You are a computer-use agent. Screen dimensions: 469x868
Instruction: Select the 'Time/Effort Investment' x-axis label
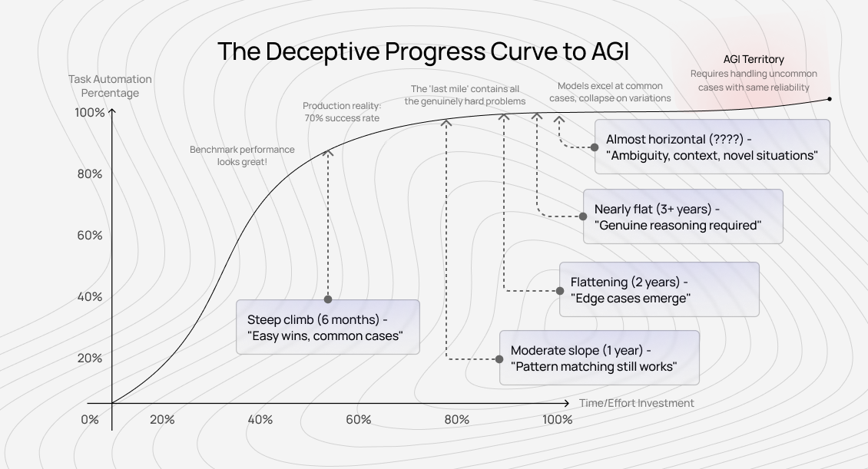[x=636, y=403]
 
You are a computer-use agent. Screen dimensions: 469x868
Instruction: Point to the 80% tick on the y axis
[x=89, y=173]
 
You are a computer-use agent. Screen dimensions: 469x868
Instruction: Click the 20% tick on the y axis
[x=89, y=358]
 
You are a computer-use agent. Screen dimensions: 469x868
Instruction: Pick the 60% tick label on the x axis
[x=358, y=419]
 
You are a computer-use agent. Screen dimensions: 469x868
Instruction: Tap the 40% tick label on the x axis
[x=260, y=419]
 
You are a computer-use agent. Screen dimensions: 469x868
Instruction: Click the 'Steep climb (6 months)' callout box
[x=328, y=327]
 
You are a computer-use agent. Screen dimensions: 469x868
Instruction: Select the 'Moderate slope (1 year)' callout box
[x=599, y=358]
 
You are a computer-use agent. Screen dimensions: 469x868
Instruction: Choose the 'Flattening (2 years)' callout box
[x=659, y=289]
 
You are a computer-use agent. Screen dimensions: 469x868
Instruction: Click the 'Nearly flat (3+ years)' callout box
[x=683, y=216]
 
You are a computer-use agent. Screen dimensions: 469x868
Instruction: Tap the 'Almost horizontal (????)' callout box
[x=712, y=147]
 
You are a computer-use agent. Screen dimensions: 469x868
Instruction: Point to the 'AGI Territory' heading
[x=754, y=59]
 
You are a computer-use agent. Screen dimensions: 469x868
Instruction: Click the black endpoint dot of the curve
[x=830, y=98]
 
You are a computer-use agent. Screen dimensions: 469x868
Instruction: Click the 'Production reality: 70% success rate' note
[x=341, y=112]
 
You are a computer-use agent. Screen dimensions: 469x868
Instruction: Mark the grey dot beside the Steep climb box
[x=328, y=299]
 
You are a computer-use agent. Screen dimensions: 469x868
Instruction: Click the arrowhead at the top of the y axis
[x=112, y=112]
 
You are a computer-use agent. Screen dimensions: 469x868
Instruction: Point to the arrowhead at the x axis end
[x=567, y=403]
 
